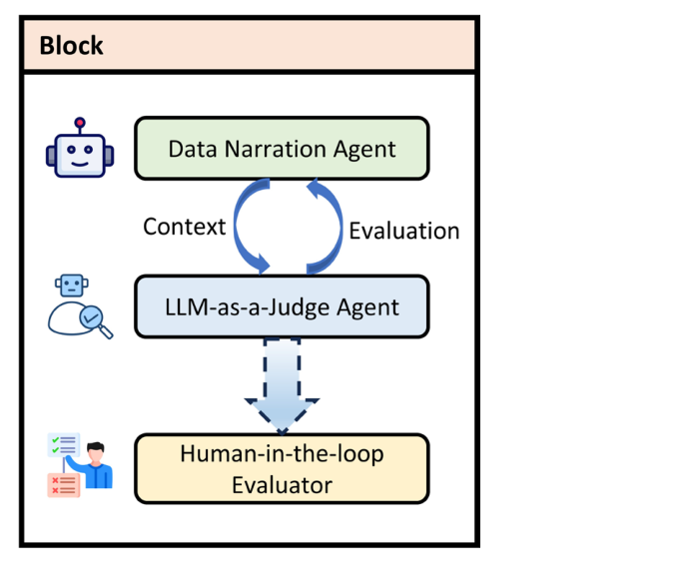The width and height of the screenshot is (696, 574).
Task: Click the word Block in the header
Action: coord(71,46)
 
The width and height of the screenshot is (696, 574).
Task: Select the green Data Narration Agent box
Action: coord(282,149)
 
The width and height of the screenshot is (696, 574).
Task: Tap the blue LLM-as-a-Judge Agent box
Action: coord(282,307)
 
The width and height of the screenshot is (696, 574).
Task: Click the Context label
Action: coord(185,227)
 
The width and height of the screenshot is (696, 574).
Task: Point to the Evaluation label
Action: coord(403,231)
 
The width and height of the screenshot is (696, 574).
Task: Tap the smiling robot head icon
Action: coord(80,153)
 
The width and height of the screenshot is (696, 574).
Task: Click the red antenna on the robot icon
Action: coord(80,123)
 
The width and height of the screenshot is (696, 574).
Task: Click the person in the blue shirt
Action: coord(97,466)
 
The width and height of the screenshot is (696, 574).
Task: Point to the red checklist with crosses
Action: coord(64,485)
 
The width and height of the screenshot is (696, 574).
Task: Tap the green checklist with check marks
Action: coord(63,445)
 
